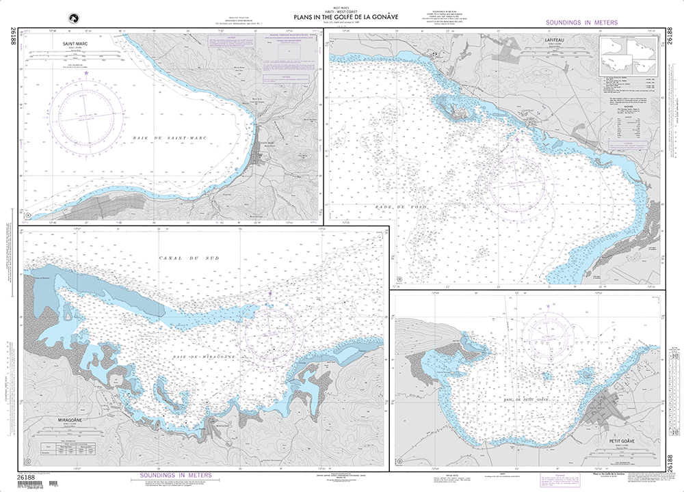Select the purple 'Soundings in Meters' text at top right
tap(581, 23)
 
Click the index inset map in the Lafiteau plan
tap(628, 57)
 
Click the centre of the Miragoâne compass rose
tap(271, 332)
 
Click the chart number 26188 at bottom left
tap(26, 476)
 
